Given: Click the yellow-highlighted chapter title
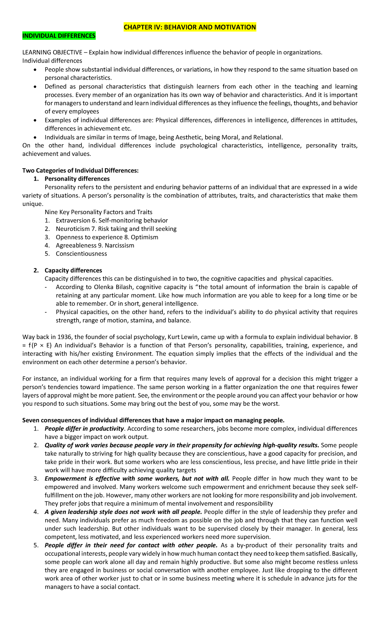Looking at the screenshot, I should (x=190, y=27).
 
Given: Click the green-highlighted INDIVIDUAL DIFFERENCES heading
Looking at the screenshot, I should (x=59, y=36).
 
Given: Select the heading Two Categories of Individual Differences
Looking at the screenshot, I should (x=80, y=170).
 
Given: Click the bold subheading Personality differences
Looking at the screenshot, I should (x=77, y=179).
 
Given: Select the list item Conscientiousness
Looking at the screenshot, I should (x=81, y=253).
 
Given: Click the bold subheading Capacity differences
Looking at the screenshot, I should (x=73, y=270).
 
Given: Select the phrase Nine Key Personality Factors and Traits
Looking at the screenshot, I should (x=98, y=212).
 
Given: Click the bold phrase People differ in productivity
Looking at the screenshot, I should (x=84, y=429).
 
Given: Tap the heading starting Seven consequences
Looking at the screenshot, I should (x=153, y=420).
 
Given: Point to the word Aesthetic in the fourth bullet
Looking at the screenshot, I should (x=188, y=137).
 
